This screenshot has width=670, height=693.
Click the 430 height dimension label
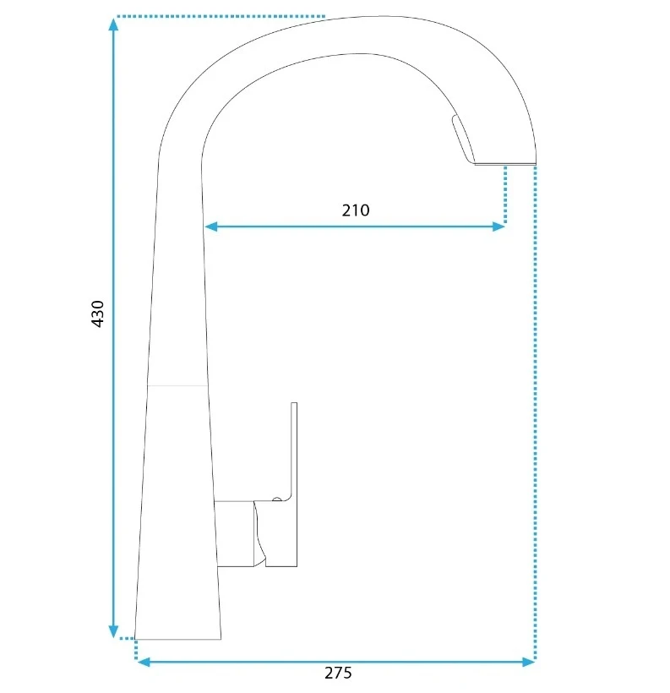pos(97,314)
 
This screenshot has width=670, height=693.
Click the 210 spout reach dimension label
pos(356,210)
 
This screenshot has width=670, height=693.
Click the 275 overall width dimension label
pos(338,673)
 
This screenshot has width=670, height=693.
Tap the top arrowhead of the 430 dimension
pos(113,25)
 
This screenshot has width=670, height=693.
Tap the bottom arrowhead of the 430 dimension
pos(113,631)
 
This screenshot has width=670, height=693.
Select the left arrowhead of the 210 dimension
pos(211,226)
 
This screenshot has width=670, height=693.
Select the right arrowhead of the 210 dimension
pos(498,226)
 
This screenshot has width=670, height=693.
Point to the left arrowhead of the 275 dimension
pos(144,662)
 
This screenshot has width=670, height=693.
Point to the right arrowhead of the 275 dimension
pos(529,662)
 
